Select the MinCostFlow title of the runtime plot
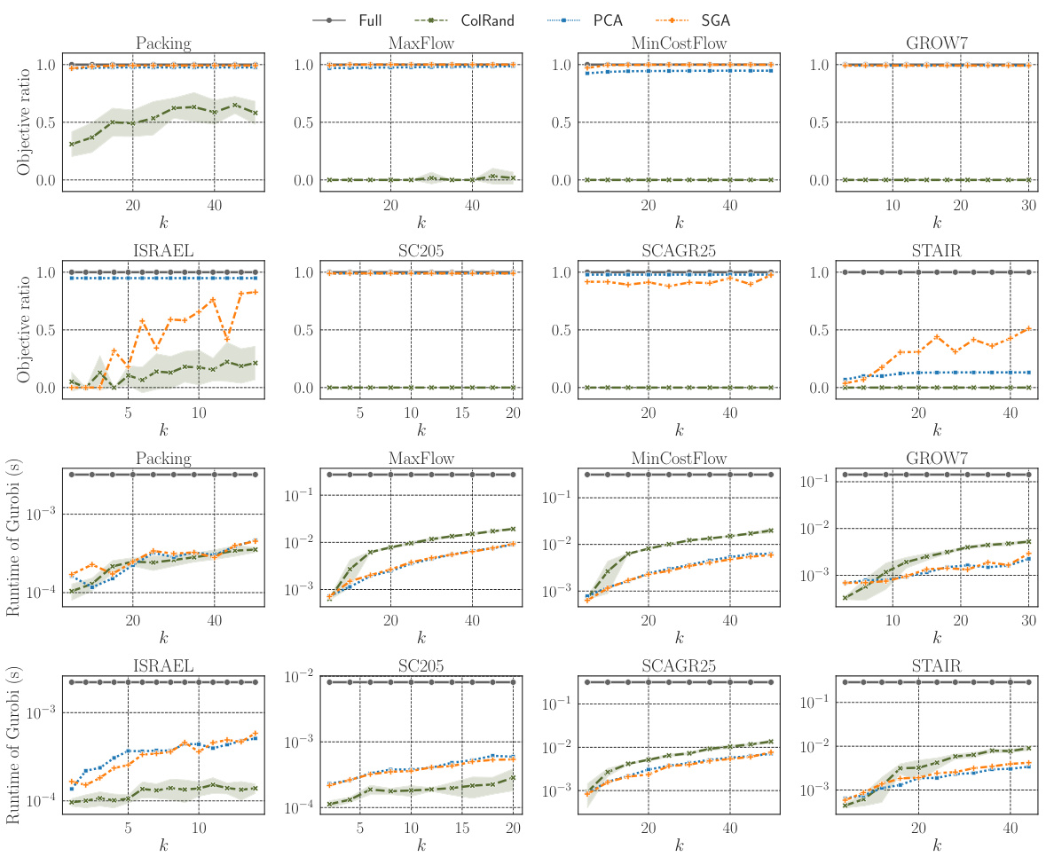coord(679,459)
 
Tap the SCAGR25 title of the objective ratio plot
coord(679,251)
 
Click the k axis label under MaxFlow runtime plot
coord(422,637)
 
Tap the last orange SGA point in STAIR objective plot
coord(1027,328)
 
